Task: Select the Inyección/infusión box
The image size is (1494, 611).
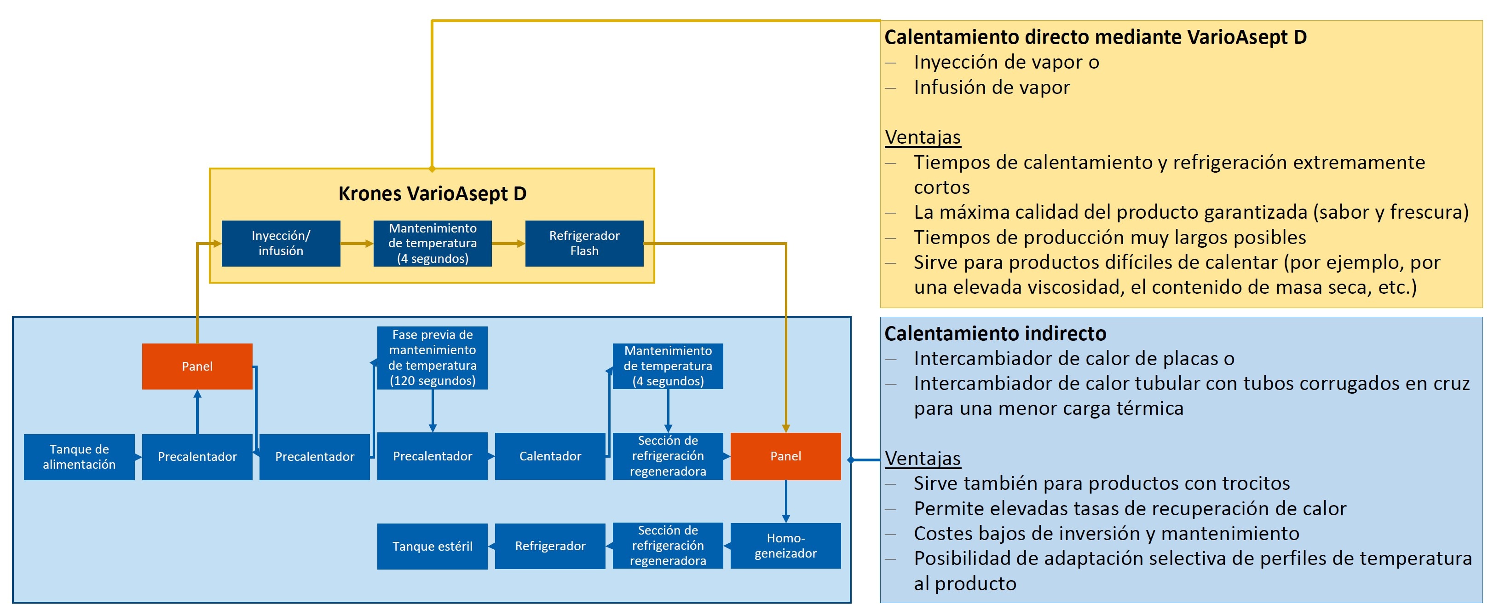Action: [281, 243]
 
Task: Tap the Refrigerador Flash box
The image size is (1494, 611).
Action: [584, 243]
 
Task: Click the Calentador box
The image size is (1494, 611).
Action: [550, 456]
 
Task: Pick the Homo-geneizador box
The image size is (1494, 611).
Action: [785, 546]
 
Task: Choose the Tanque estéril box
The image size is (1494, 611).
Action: [432, 546]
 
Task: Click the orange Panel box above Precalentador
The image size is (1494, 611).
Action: [197, 366]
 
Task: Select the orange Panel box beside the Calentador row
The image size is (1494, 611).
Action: [785, 456]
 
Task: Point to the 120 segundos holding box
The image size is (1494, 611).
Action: [432, 357]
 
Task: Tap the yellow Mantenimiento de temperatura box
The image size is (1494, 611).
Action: [432, 243]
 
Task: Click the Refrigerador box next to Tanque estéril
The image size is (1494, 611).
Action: [550, 546]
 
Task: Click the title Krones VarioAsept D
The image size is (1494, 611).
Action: [432, 193]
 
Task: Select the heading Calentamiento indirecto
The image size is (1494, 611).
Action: [995, 334]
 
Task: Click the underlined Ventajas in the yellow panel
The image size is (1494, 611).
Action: [923, 138]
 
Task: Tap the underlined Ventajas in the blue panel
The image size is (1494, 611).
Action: [923, 459]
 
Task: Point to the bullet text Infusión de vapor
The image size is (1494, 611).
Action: [992, 87]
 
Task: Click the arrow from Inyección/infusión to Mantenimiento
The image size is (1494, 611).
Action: [357, 244]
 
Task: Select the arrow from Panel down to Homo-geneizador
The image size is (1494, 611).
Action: [786, 501]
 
